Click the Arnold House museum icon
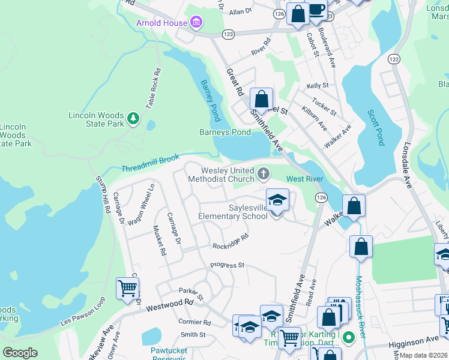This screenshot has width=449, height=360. coord(196,23)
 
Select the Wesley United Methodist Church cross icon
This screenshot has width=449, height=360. coord(263,174)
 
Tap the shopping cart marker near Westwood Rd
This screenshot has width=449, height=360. coord(128,288)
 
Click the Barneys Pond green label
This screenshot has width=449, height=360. coord(224,132)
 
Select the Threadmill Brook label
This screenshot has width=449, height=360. coord(150,164)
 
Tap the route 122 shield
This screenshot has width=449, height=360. coord(393,58)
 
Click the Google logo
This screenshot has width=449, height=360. coord(20,353)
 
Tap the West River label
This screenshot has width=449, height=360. coord(304,179)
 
